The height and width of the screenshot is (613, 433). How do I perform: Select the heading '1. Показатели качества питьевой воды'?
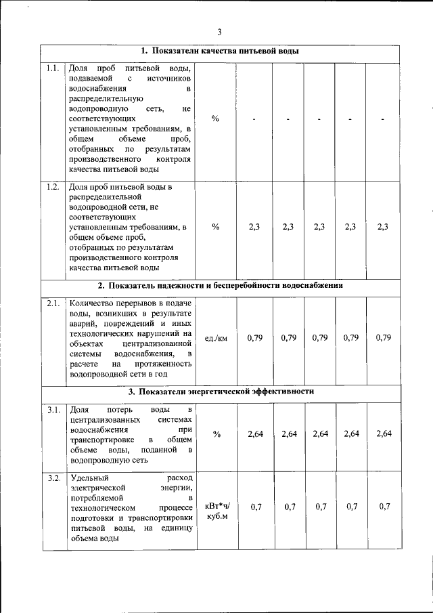click(220, 51)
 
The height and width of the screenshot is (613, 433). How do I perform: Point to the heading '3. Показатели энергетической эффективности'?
click(221, 392)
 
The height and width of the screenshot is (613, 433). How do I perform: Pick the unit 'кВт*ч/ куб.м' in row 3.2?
click(216, 511)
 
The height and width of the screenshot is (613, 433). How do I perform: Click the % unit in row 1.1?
click(215, 119)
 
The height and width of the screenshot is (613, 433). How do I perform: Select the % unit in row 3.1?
click(216, 434)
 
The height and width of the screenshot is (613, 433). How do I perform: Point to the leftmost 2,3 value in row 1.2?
click(254, 227)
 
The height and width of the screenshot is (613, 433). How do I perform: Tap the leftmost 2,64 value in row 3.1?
click(254, 434)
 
